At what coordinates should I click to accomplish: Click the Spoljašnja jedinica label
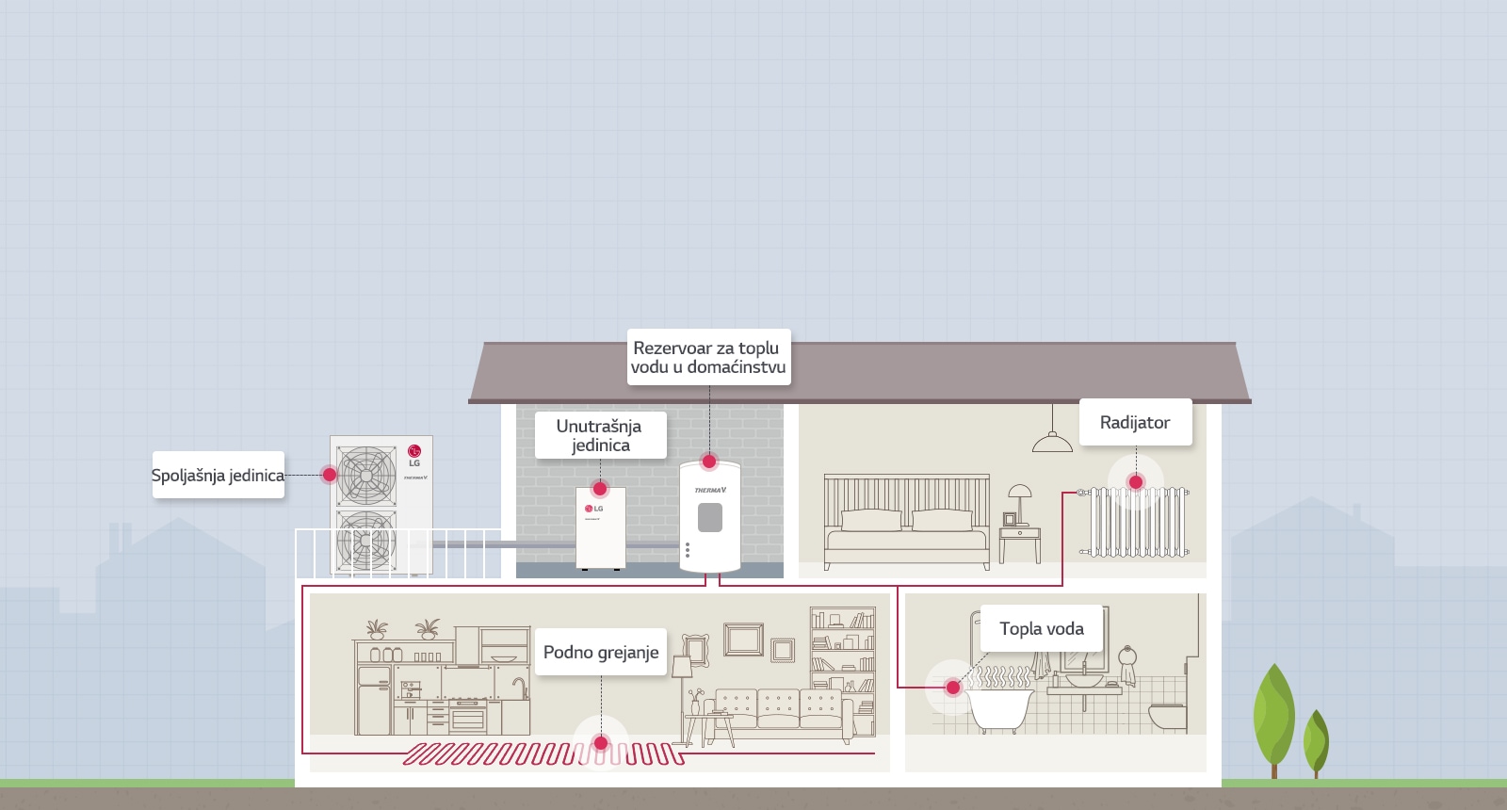tap(218, 476)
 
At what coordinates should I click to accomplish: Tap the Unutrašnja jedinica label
tap(600, 435)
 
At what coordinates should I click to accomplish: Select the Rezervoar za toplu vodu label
tap(708, 357)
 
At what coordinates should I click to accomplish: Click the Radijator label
tap(1135, 423)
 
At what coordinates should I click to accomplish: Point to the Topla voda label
tap(1041, 629)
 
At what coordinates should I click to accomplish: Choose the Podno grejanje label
tap(601, 653)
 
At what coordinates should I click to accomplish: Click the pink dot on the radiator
tap(1136, 482)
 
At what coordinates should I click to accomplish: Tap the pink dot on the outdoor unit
tap(330, 475)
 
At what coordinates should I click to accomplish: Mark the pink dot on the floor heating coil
tap(601, 743)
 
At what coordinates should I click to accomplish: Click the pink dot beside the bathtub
tap(953, 688)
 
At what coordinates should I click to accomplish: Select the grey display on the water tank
tap(710, 517)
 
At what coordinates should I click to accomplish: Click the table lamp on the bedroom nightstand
tap(1020, 499)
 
